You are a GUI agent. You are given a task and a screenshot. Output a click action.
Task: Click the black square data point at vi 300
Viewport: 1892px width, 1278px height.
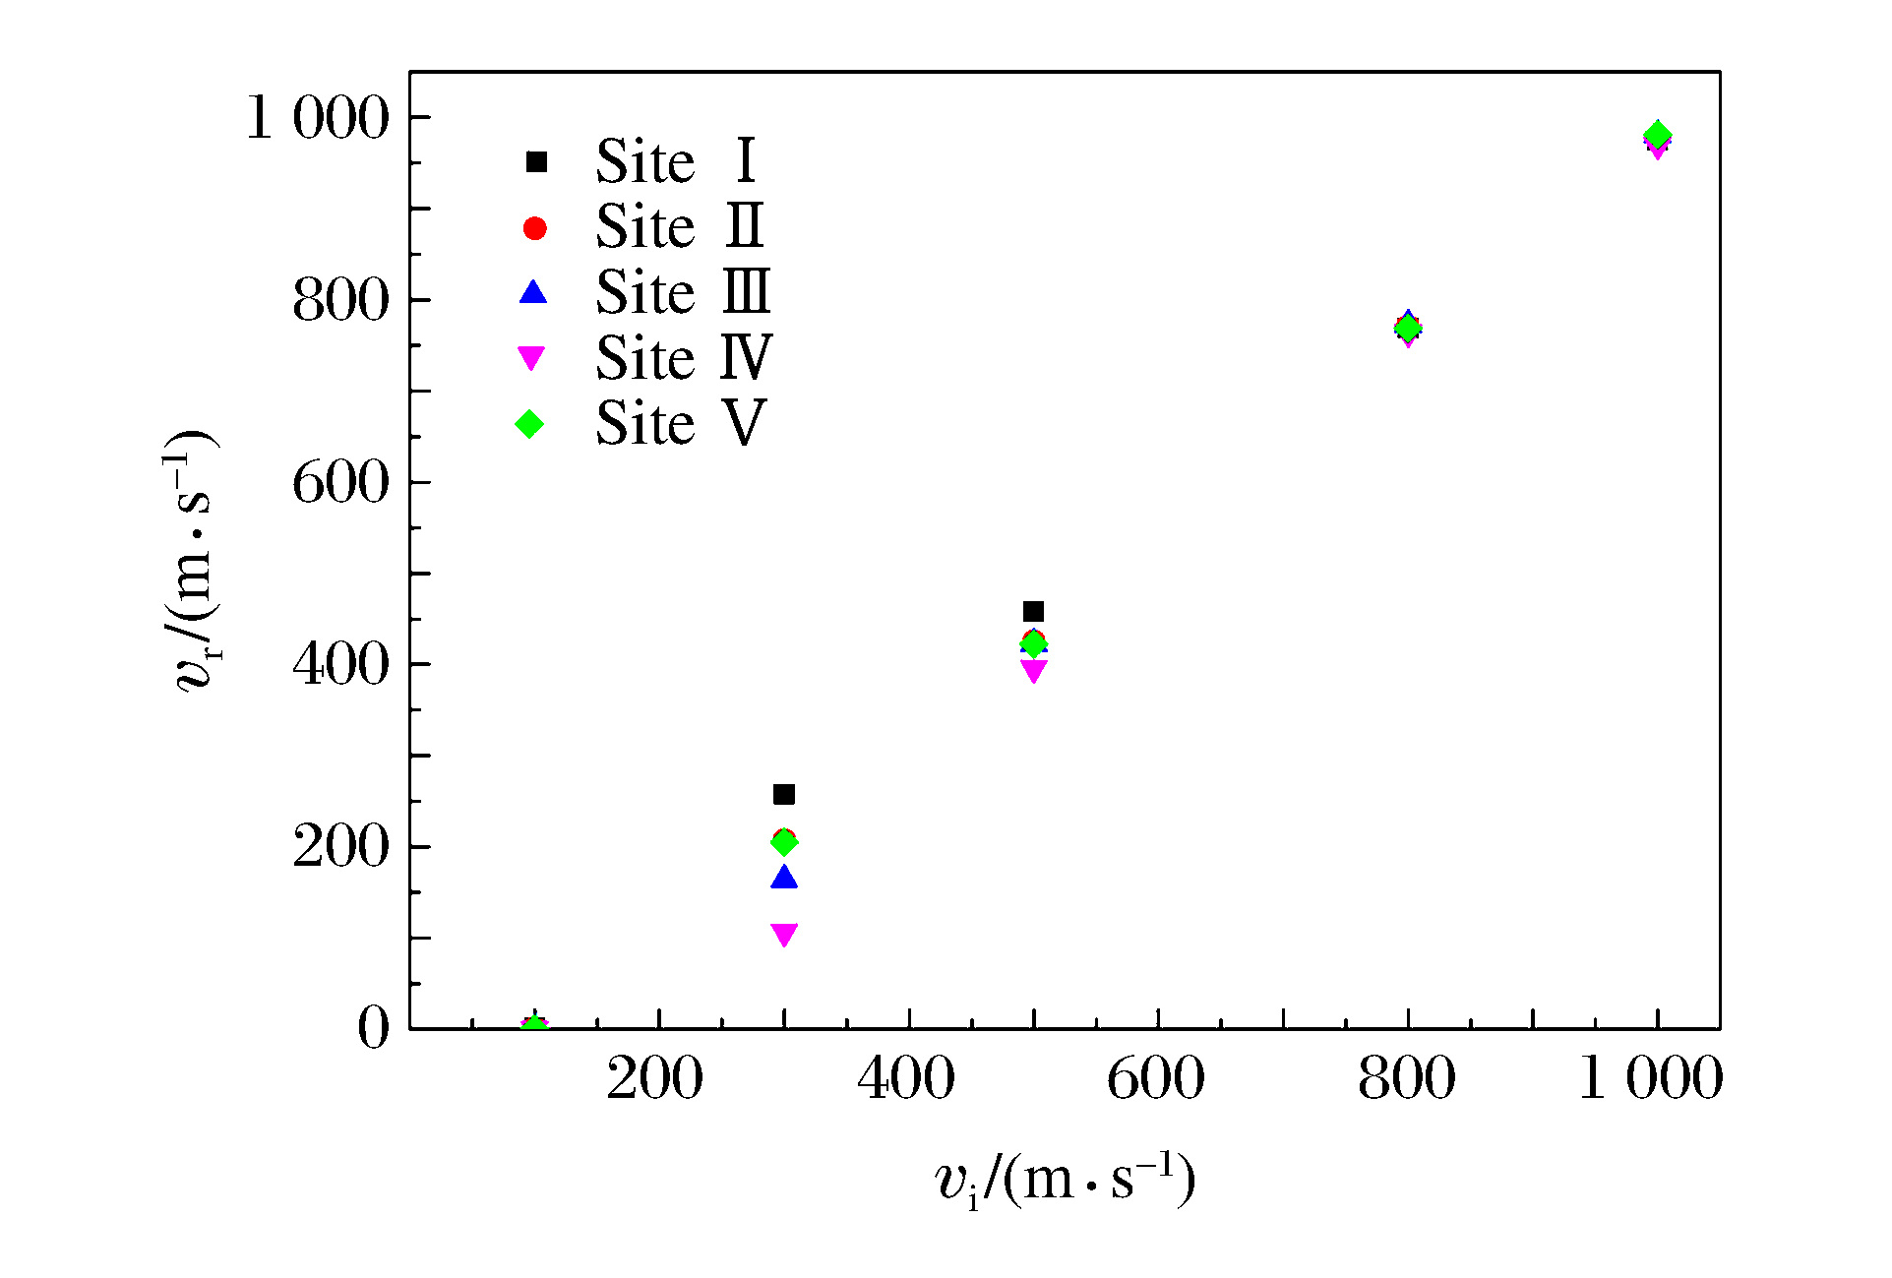pos(783,794)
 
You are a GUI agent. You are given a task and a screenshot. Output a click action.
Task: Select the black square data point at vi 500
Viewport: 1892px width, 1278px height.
pos(1033,612)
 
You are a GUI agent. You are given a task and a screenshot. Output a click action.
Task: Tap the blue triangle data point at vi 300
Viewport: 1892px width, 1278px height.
pos(783,877)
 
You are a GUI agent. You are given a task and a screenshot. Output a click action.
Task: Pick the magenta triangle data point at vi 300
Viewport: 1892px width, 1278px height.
pos(783,934)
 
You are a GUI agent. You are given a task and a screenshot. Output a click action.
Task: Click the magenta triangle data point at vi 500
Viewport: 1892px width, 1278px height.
pos(1033,671)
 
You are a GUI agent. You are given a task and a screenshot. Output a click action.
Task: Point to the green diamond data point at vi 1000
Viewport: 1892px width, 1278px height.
pos(1658,135)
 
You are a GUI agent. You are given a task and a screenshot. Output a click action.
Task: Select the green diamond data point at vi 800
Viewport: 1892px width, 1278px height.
pos(1408,328)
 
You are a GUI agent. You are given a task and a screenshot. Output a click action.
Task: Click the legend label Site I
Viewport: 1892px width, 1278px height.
pos(676,161)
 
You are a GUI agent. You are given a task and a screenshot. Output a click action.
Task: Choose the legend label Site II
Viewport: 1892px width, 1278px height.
pos(680,227)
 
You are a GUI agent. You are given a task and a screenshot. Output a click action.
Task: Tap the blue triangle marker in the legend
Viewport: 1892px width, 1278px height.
pos(533,292)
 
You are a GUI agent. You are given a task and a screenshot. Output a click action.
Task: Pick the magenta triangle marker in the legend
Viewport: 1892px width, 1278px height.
pos(531,358)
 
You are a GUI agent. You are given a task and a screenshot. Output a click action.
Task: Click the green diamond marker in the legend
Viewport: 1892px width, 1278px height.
pos(530,424)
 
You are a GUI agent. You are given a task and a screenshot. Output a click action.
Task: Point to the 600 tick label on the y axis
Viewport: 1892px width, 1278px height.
pos(340,483)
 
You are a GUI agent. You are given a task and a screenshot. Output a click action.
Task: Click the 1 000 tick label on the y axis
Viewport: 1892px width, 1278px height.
pos(317,118)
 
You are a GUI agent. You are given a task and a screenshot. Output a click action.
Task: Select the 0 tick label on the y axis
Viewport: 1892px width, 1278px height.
pos(373,1028)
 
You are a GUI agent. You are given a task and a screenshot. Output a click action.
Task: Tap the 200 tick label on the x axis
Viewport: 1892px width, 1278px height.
pos(654,1078)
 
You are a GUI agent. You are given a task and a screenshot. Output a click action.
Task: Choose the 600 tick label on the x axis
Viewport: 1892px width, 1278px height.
pos(1156,1078)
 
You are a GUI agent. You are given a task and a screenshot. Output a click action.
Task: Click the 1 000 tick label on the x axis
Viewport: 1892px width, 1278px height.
pos(1650,1078)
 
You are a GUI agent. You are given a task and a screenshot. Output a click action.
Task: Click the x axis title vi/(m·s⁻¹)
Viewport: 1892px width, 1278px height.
pos(1065,1179)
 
